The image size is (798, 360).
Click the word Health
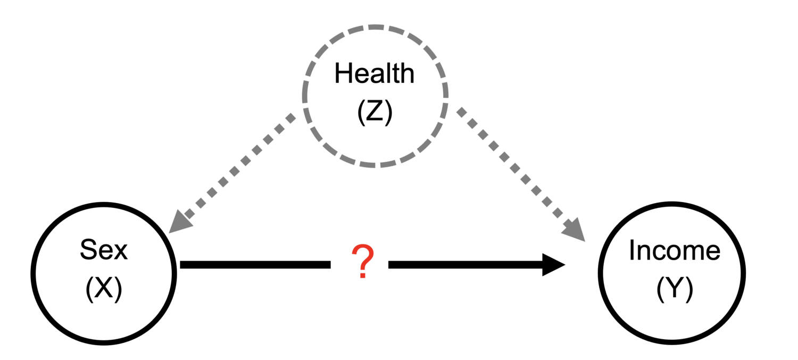coord(375,73)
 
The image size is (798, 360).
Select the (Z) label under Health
coord(375,112)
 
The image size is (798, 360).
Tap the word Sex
coord(104,249)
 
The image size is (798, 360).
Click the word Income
coord(675,250)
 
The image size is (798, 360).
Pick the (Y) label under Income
coord(675,289)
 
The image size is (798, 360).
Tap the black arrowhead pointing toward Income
coord(554,265)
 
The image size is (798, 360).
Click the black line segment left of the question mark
coord(255,265)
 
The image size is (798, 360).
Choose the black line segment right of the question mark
coord(465,265)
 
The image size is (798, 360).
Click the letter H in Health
coord(344,73)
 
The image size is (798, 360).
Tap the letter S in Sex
coord(89,249)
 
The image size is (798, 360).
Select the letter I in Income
coord(631,250)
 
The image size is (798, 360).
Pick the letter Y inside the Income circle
coord(675,288)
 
